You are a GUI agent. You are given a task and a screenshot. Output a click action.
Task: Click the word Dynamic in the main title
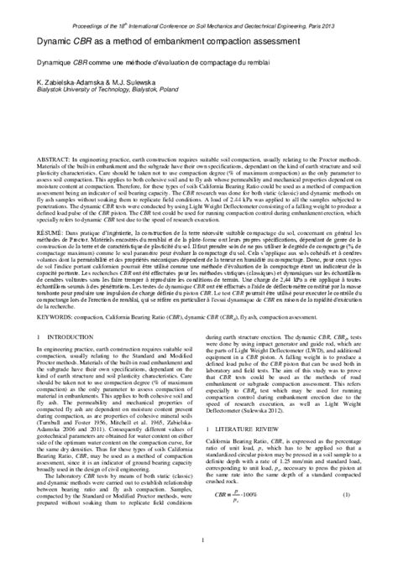pyautogui.click(x=52, y=39)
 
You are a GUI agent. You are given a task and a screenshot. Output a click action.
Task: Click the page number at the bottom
pyautogui.click(x=199, y=550)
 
